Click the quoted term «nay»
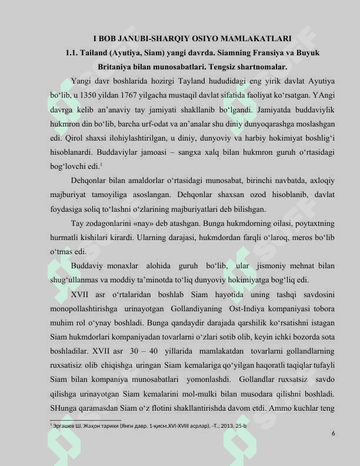(147, 223)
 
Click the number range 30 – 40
(153, 351)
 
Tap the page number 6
(334, 434)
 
